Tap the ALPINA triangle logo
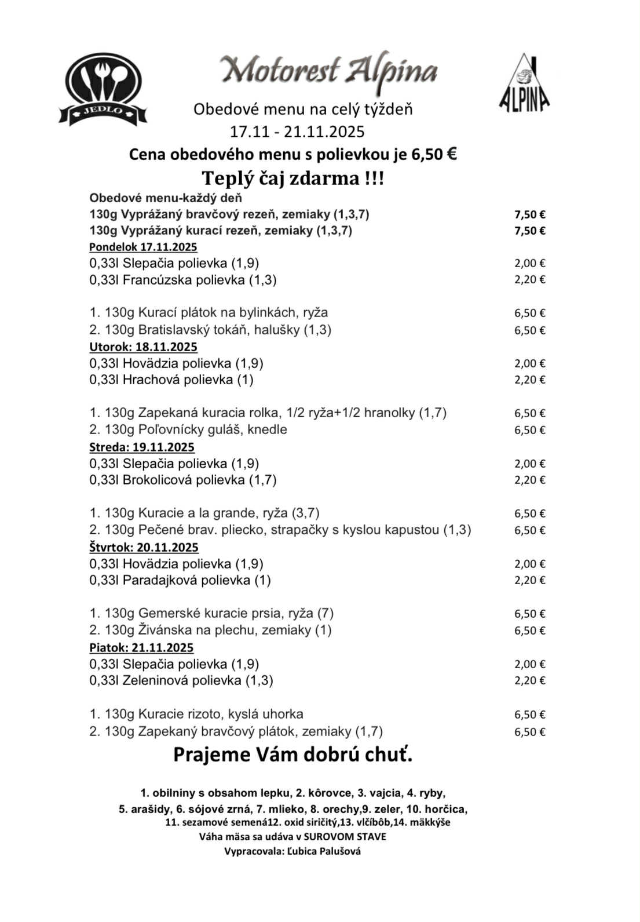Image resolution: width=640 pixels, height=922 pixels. click(x=524, y=83)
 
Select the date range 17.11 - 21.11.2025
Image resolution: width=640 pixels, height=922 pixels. click(x=297, y=132)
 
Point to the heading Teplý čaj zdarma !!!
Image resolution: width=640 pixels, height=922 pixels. click(x=292, y=178)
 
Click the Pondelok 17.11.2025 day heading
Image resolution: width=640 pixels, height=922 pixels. click(x=143, y=247)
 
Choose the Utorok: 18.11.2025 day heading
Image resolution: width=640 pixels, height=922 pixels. click(x=143, y=347)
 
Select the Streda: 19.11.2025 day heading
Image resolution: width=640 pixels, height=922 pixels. click(x=142, y=447)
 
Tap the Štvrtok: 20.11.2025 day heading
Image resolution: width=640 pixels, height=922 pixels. click(x=144, y=548)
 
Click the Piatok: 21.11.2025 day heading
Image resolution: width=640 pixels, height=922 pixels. click(x=141, y=648)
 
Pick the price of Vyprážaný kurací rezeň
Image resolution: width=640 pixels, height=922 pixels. click(x=529, y=231)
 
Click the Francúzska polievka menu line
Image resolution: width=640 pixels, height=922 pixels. click(x=183, y=280)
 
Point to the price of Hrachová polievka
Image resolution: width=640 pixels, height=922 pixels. click(x=529, y=380)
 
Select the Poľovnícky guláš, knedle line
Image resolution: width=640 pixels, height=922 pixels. click(x=188, y=430)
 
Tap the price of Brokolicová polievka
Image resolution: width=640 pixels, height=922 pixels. click(x=529, y=480)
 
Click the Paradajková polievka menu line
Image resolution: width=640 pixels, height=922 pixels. click(x=180, y=580)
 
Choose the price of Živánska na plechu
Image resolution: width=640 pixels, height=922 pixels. click(x=529, y=631)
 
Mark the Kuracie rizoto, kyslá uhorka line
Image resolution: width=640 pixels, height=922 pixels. click(x=196, y=715)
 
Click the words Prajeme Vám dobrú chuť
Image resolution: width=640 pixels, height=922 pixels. click(x=292, y=755)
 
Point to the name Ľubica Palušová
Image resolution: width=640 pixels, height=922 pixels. click(x=324, y=851)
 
